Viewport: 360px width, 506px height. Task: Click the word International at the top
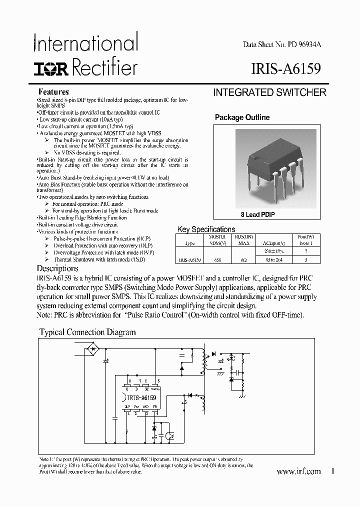(x=85, y=43)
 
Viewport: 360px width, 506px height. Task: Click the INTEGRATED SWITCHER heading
(x=269, y=92)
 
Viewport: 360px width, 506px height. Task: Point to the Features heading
(x=53, y=92)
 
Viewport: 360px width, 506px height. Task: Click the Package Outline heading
(x=242, y=117)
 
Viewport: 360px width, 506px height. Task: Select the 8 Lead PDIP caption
(x=257, y=214)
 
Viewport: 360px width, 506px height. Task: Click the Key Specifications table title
(x=206, y=229)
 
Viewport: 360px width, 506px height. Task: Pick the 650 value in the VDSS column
(x=217, y=260)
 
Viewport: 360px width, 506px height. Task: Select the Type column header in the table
(x=190, y=243)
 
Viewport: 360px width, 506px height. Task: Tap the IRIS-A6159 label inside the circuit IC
(x=140, y=397)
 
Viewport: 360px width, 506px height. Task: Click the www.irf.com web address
(x=298, y=471)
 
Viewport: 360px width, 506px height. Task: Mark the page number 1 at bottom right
(x=332, y=471)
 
